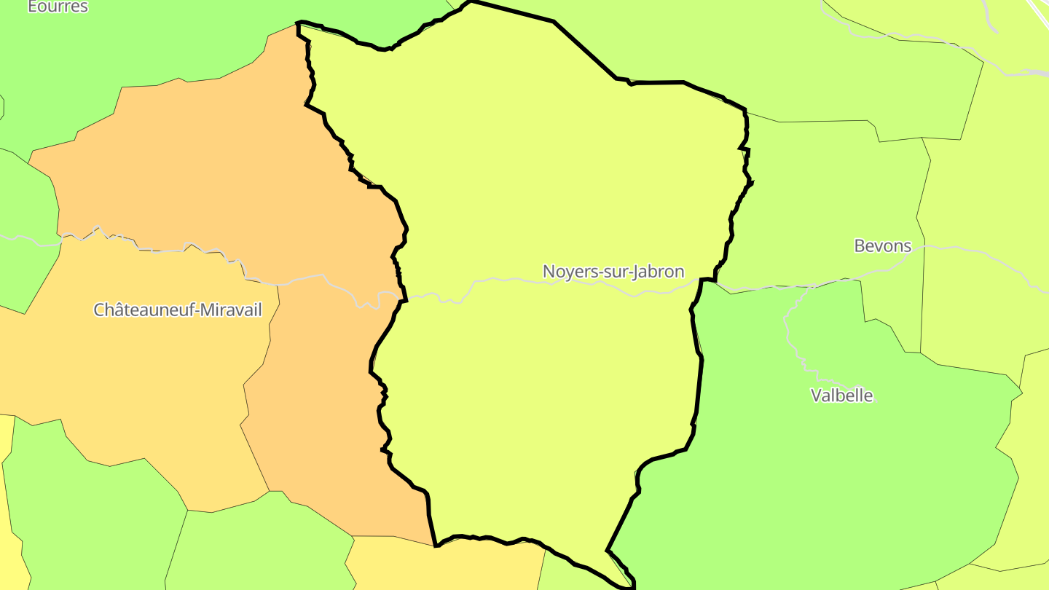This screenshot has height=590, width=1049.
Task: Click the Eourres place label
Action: pyautogui.click(x=58, y=7)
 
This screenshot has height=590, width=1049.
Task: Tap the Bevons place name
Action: pyautogui.click(x=882, y=246)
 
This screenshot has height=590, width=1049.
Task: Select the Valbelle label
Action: pyautogui.click(x=841, y=396)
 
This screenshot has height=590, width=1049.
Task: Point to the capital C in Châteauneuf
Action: pyautogui.click(x=99, y=310)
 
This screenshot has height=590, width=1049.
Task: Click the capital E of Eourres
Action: pyautogui.click(x=32, y=7)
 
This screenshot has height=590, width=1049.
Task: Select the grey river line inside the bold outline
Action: pyautogui.click(x=510, y=280)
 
